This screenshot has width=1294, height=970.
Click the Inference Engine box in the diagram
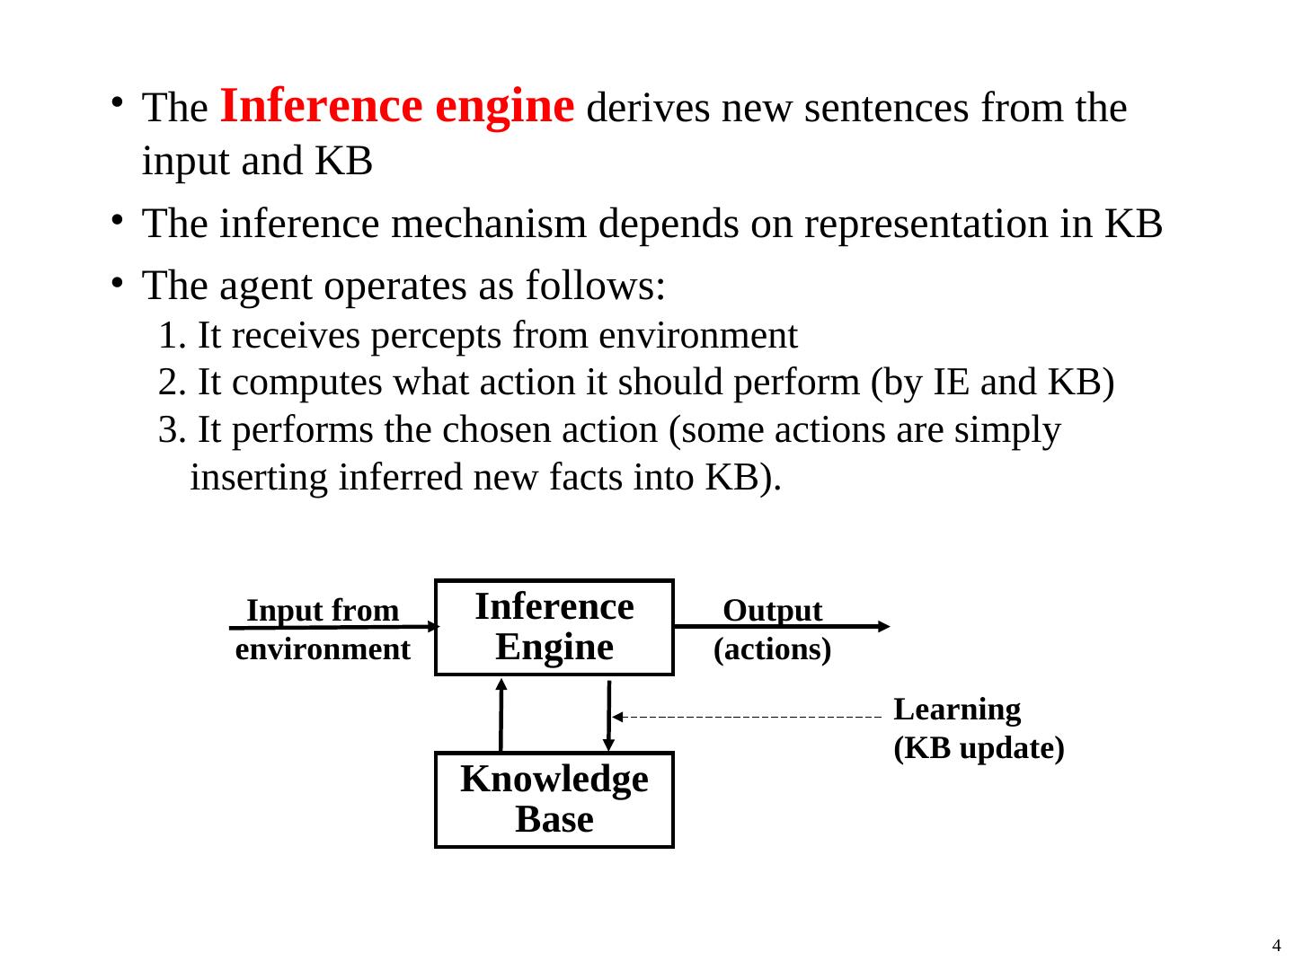(554, 627)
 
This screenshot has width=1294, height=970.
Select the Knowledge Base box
(554, 799)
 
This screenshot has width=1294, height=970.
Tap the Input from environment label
(323, 630)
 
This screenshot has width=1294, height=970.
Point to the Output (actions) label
(772, 630)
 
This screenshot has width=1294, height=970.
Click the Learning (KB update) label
(979, 728)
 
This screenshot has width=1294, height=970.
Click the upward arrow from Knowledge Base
(501, 714)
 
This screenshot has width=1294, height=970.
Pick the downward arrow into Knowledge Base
(609, 714)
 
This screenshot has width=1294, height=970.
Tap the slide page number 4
(1276, 945)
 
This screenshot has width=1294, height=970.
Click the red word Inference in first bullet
(321, 106)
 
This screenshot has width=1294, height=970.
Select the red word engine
(504, 106)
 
